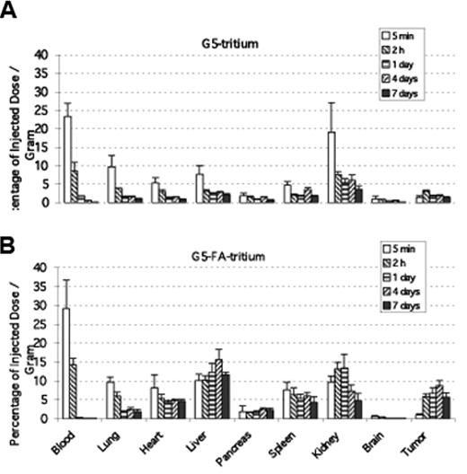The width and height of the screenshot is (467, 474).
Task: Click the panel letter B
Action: (x=8, y=241)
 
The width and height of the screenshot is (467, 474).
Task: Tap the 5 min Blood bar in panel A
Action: (x=67, y=159)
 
